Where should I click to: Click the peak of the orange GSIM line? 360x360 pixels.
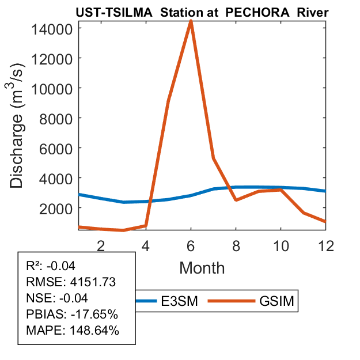[191, 21]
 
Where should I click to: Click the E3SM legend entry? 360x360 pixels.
[179, 300]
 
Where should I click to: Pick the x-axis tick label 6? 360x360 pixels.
[191, 245]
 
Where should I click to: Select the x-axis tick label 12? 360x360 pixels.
[325, 245]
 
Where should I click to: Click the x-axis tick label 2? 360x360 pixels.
[101, 245]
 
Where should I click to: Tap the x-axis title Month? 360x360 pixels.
[202, 267]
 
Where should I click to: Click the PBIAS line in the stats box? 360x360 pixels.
[72, 314]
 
